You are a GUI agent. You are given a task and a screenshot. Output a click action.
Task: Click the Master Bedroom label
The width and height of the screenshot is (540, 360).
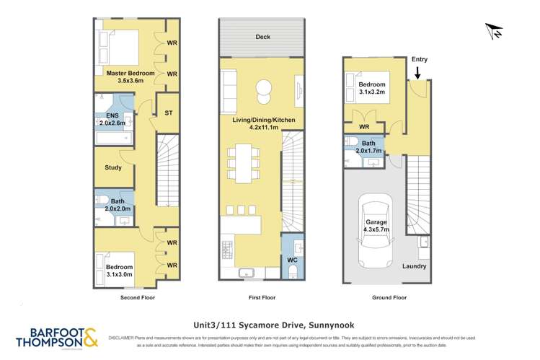click(x=126, y=73)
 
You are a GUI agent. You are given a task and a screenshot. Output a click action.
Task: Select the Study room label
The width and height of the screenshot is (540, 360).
click(x=113, y=167)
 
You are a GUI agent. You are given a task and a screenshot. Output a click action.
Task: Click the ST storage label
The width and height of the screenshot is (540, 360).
click(x=168, y=113)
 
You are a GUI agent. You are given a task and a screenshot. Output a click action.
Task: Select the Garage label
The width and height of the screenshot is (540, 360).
click(x=376, y=224)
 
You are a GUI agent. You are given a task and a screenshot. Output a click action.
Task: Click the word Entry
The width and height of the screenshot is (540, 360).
click(x=419, y=60)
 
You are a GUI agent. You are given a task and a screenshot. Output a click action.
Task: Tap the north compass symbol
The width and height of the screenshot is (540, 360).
click(x=495, y=32)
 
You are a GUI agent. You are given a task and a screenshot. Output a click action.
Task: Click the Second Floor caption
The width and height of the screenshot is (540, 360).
click(x=138, y=297)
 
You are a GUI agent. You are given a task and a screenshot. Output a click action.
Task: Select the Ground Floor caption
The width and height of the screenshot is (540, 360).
click(x=389, y=297)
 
